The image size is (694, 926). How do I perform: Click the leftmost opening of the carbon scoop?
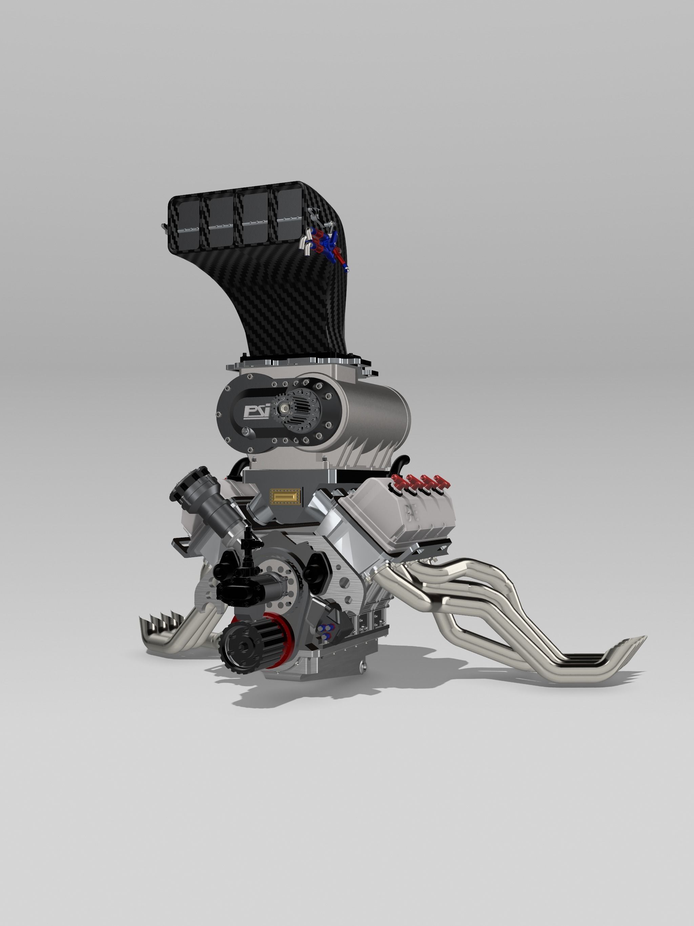pos(187,226)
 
